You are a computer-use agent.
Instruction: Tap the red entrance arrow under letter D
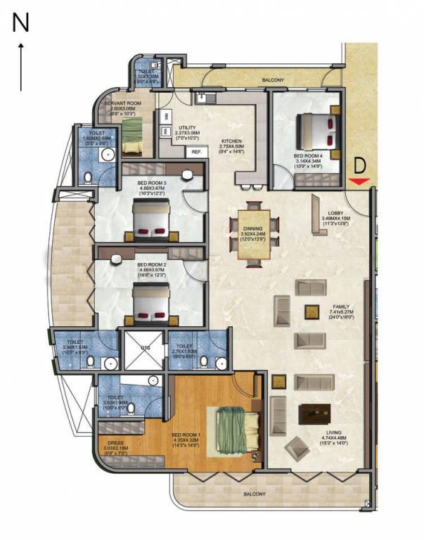click(359, 182)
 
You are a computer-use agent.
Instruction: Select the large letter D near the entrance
click(359, 166)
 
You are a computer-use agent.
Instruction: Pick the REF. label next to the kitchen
click(196, 152)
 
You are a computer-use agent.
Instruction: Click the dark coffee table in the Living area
click(313, 414)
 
